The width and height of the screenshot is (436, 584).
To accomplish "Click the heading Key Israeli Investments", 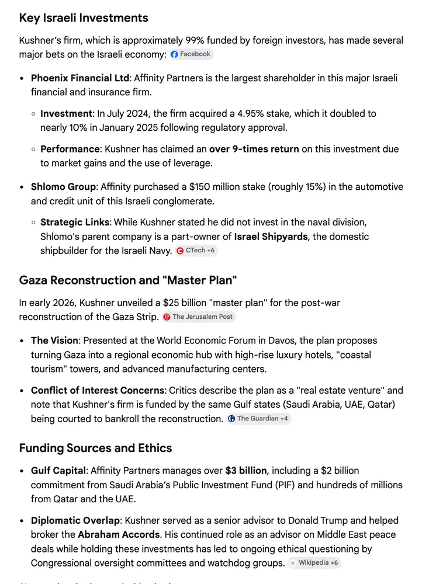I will click(x=84, y=18).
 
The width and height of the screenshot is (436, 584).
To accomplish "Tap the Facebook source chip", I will click(x=191, y=54).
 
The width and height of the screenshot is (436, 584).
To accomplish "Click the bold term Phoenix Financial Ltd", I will click(x=79, y=78).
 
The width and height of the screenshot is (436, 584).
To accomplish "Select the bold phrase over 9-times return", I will click(x=254, y=149).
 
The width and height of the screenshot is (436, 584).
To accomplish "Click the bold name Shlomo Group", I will click(x=63, y=187).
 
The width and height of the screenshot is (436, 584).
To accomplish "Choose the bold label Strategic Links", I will click(x=75, y=223).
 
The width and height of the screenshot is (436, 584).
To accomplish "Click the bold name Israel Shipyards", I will click(x=272, y=237).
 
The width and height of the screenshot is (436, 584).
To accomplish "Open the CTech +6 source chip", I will click(x=197, y=251).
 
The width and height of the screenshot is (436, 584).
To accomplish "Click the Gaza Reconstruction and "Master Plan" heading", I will click(x=128, y=280).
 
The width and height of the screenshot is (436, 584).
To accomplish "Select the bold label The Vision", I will click(x=54, y=340).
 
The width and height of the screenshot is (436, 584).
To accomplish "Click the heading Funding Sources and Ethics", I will click(x=95, y=448).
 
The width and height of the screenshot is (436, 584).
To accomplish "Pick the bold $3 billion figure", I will click(x=246, y=471).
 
